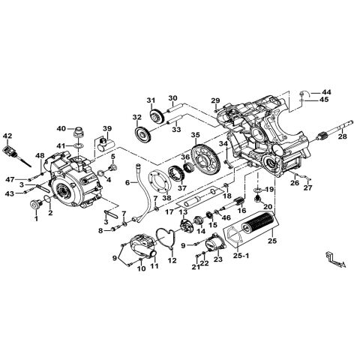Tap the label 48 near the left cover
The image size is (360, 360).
[40, 155]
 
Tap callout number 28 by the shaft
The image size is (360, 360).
[342, 136]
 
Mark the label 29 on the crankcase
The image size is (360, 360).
[214, 101]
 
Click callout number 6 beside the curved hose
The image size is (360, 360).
[127, 183]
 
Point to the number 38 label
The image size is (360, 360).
[167, 199]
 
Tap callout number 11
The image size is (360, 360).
[156, 265]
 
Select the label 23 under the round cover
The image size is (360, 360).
[217, 261]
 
